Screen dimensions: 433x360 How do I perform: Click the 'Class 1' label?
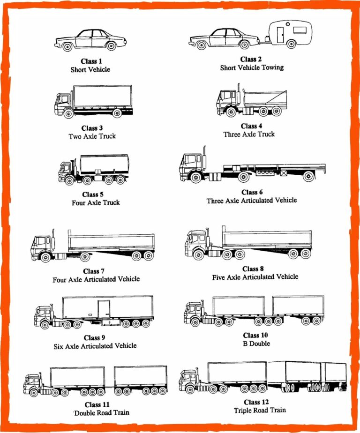[90, 61]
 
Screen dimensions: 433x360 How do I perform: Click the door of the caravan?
[280, 35]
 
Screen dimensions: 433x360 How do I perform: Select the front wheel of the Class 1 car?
[67, 46]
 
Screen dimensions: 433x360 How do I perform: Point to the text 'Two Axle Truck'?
[92, 136]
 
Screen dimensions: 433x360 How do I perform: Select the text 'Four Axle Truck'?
[95, 202]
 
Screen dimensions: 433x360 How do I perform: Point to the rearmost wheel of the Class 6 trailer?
[308, 177]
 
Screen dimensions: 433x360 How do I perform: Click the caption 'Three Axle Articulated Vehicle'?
[252, 200]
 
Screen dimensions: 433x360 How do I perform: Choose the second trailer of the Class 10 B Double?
[298, 306]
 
